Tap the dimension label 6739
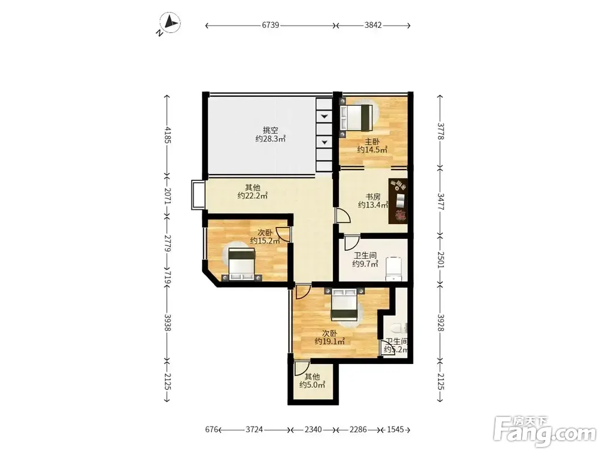[270, 25]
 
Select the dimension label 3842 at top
[373, 25]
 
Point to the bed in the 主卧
[356, 117]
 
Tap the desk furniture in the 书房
[398, 201]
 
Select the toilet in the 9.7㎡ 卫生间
[394, 268]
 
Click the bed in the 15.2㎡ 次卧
[241, 264]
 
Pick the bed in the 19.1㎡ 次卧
[345, 304]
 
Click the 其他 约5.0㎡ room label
[312, 380]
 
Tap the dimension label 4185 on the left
[168, 134]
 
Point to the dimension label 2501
[441, 259]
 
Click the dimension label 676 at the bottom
[211, 429]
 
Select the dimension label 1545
[395, 429]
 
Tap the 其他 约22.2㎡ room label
[252, 192]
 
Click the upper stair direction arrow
[324, 117]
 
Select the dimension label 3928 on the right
[441, 322]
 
